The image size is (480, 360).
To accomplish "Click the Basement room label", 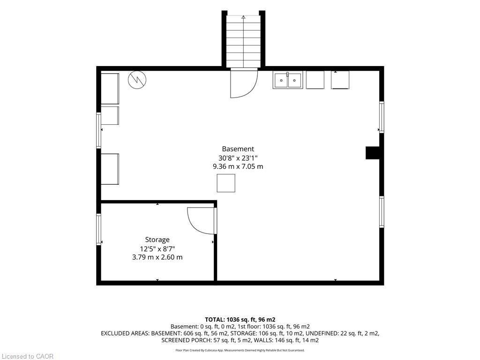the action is (238, 149).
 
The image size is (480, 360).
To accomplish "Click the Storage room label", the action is (157, 240).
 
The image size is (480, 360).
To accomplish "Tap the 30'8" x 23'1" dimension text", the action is (238, 158).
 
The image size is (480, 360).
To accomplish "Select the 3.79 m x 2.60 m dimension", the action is (157, 257).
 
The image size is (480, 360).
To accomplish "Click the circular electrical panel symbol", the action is (137, 80).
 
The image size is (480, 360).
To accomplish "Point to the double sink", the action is (287, 80).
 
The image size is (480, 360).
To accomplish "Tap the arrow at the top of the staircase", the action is (243, 17).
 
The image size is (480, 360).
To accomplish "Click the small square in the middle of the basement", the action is (226, 183).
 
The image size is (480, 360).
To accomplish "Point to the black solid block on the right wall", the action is (373, 153).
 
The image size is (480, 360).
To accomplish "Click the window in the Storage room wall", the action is (98, 229).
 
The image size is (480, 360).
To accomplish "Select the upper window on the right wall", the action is (382, 117).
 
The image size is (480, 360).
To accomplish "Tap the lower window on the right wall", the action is (382, 212).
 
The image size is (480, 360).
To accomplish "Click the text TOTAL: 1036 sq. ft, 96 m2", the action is (240, 320).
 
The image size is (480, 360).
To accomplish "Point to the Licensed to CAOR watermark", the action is (28, 356).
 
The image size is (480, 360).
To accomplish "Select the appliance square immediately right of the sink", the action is (315, 80).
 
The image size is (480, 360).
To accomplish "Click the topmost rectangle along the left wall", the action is (110, 89).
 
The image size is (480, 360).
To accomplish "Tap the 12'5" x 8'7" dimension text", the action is (157, 248).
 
